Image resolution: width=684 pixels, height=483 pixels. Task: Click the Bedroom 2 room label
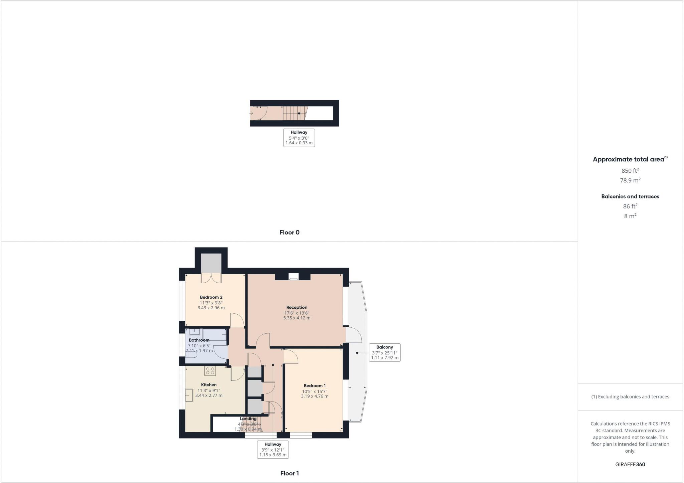211,297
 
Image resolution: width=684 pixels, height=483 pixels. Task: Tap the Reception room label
297,307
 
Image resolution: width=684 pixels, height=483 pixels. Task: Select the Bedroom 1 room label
315,385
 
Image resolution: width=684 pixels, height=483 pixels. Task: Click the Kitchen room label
209,385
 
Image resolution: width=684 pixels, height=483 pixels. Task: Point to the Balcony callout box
384,352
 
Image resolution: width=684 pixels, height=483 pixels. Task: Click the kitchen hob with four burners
210,371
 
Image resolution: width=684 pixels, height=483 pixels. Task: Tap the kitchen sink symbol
189,395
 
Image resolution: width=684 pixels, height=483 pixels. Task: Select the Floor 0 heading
290,232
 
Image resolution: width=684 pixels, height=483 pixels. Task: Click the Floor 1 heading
290,473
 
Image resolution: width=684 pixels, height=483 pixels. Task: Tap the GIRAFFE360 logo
630,464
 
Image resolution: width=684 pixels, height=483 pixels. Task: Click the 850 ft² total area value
630,171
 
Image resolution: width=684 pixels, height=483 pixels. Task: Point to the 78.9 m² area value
630,180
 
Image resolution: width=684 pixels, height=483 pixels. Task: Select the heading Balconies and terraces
630,196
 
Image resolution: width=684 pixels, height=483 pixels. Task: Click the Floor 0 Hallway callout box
299,138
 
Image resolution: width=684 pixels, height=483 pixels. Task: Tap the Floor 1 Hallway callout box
273,449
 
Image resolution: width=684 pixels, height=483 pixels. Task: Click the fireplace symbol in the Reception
294,276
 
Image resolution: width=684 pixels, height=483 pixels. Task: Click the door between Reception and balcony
353,335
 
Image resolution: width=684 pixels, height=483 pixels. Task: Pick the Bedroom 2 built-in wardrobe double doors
211,278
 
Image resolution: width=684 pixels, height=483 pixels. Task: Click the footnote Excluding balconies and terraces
630,397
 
